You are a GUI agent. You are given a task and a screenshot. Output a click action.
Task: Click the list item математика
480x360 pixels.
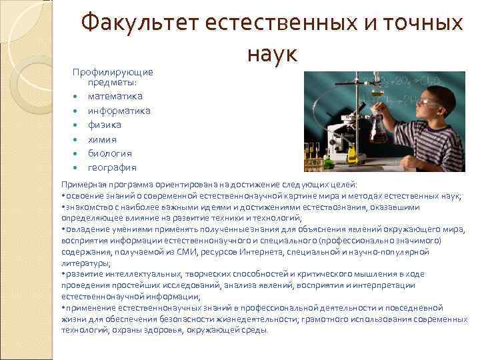click(115, 97)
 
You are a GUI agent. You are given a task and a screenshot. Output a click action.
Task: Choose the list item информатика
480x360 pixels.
click(119, 111)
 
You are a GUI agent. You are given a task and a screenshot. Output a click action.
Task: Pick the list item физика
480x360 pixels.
click(105, 125)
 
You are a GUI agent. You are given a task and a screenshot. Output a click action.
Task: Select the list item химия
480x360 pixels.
click(103, 139)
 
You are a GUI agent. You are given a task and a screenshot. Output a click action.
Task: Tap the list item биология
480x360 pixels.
click(110, 153)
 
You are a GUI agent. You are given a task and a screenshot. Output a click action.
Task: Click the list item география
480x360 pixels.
click(112, 167)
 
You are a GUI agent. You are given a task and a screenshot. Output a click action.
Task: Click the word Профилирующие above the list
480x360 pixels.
click(113, 72)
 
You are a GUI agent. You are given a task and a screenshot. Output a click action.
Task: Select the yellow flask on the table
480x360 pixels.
click(353, 155)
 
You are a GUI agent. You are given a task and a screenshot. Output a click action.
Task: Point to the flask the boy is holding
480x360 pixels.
click(379, 127)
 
